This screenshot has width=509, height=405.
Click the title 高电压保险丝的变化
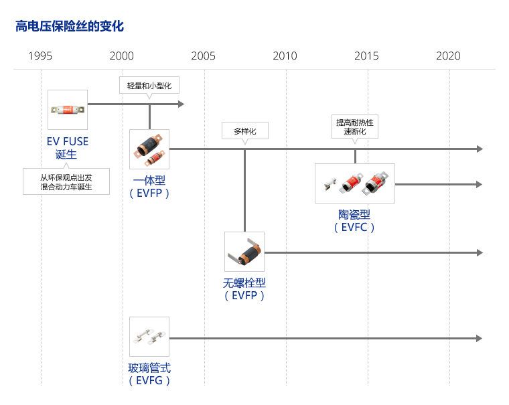coord(70,26)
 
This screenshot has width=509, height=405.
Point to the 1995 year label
coord(40,56)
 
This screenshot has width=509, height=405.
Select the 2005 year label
coord(203,56)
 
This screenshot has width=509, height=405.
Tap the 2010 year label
coord(285,56)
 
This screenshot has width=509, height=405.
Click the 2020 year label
coord(448,56)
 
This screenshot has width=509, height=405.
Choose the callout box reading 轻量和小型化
coord(149,85)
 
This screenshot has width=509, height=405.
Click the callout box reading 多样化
coord(245,131)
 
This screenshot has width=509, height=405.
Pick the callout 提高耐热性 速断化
coord(355,127)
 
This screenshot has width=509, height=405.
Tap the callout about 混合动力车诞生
coord(66,181)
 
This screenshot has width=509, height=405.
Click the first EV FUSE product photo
coord(68,110)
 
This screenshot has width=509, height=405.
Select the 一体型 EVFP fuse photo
coord(149,149)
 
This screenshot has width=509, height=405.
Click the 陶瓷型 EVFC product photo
coord(355,183)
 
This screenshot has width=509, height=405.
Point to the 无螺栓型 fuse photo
coord(244,252)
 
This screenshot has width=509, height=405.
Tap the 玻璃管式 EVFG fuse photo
coord(149,337)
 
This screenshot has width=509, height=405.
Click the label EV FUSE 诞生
coord(67,148)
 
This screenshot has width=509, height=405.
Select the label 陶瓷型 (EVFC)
coord(354,221)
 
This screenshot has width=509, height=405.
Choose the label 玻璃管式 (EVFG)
coord(149,374)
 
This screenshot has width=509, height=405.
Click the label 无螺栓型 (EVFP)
coord(244,289)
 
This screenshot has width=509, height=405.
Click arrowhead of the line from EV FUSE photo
coord(181,104)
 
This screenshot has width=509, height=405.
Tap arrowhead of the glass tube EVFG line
coord(480,339)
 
